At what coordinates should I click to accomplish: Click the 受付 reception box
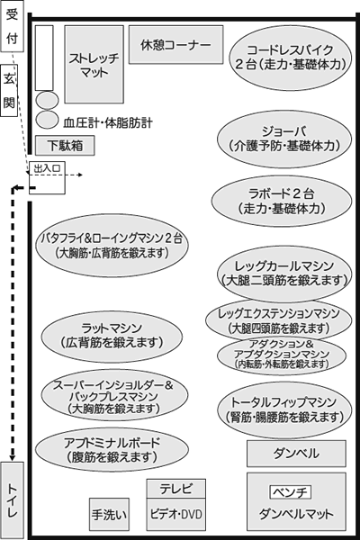pos(12,26)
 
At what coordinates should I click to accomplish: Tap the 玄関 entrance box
pos(9,90)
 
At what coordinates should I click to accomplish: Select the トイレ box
pos(12,500)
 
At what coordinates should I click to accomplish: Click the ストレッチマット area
pos(94,65)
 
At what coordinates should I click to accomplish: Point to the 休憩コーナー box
pos(176,45)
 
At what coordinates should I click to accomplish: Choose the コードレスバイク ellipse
pos(291,58)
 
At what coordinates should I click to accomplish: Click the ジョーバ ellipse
pos(284,139)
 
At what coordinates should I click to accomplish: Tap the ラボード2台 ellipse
pos(282,201)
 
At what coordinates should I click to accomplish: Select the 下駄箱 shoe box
pos(65,145)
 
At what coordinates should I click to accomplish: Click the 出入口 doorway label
pos(47,168)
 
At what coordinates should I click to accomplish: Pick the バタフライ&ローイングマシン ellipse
pos(112,246)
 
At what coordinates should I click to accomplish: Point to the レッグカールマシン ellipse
pos(284,273)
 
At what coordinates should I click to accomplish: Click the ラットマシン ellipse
pos(112,337)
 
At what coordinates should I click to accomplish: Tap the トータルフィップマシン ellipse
pos(284,409)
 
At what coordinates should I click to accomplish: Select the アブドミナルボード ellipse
pos(112,450)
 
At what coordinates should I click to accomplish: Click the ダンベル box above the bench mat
pos(296,454)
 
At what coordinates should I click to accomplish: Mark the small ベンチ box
pos(290,492)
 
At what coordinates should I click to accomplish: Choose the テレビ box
pos(176,489)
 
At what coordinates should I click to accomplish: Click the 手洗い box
pos(109,515)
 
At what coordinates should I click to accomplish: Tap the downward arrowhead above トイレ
pos(13,458)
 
